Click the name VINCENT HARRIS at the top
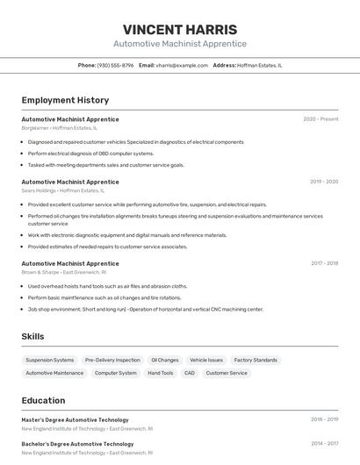coord(180,29)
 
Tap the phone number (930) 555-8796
coord(115,65)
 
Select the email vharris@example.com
coord(176,65)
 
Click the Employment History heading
coord(65,100)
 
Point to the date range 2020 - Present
coord(320,119)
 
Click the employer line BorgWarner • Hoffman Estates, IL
coord(60,128)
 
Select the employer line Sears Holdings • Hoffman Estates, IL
coord(62,190)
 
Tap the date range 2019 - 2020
coord(324,182)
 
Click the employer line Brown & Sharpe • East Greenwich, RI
coord(64,272)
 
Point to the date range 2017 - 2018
coord(324,263)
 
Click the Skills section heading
coord(32,336)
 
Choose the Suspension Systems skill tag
coord(50,360)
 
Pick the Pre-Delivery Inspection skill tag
coord(112,360)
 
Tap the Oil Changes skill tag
coord(165,360)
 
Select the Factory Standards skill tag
coord(256,360)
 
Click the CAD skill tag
coord(190,373)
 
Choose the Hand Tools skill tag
coord(161,373)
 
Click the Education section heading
coord(43,400)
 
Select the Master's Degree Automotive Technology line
coord(75,420)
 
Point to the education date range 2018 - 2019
coord(324,420)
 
